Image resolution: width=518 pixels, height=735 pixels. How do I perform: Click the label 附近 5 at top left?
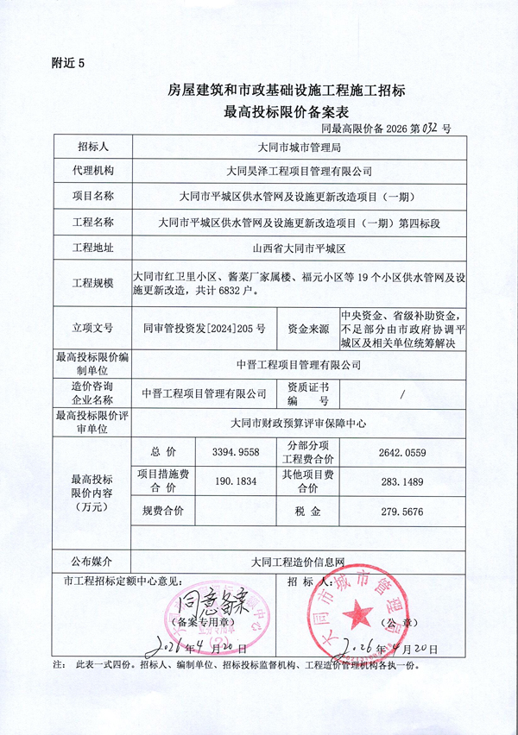point(70,63)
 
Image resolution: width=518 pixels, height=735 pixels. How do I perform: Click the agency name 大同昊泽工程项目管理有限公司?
point(300,172)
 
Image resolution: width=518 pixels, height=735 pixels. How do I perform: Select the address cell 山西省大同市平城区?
point(300,248)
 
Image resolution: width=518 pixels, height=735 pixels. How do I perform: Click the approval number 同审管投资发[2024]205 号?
point(204,329)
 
